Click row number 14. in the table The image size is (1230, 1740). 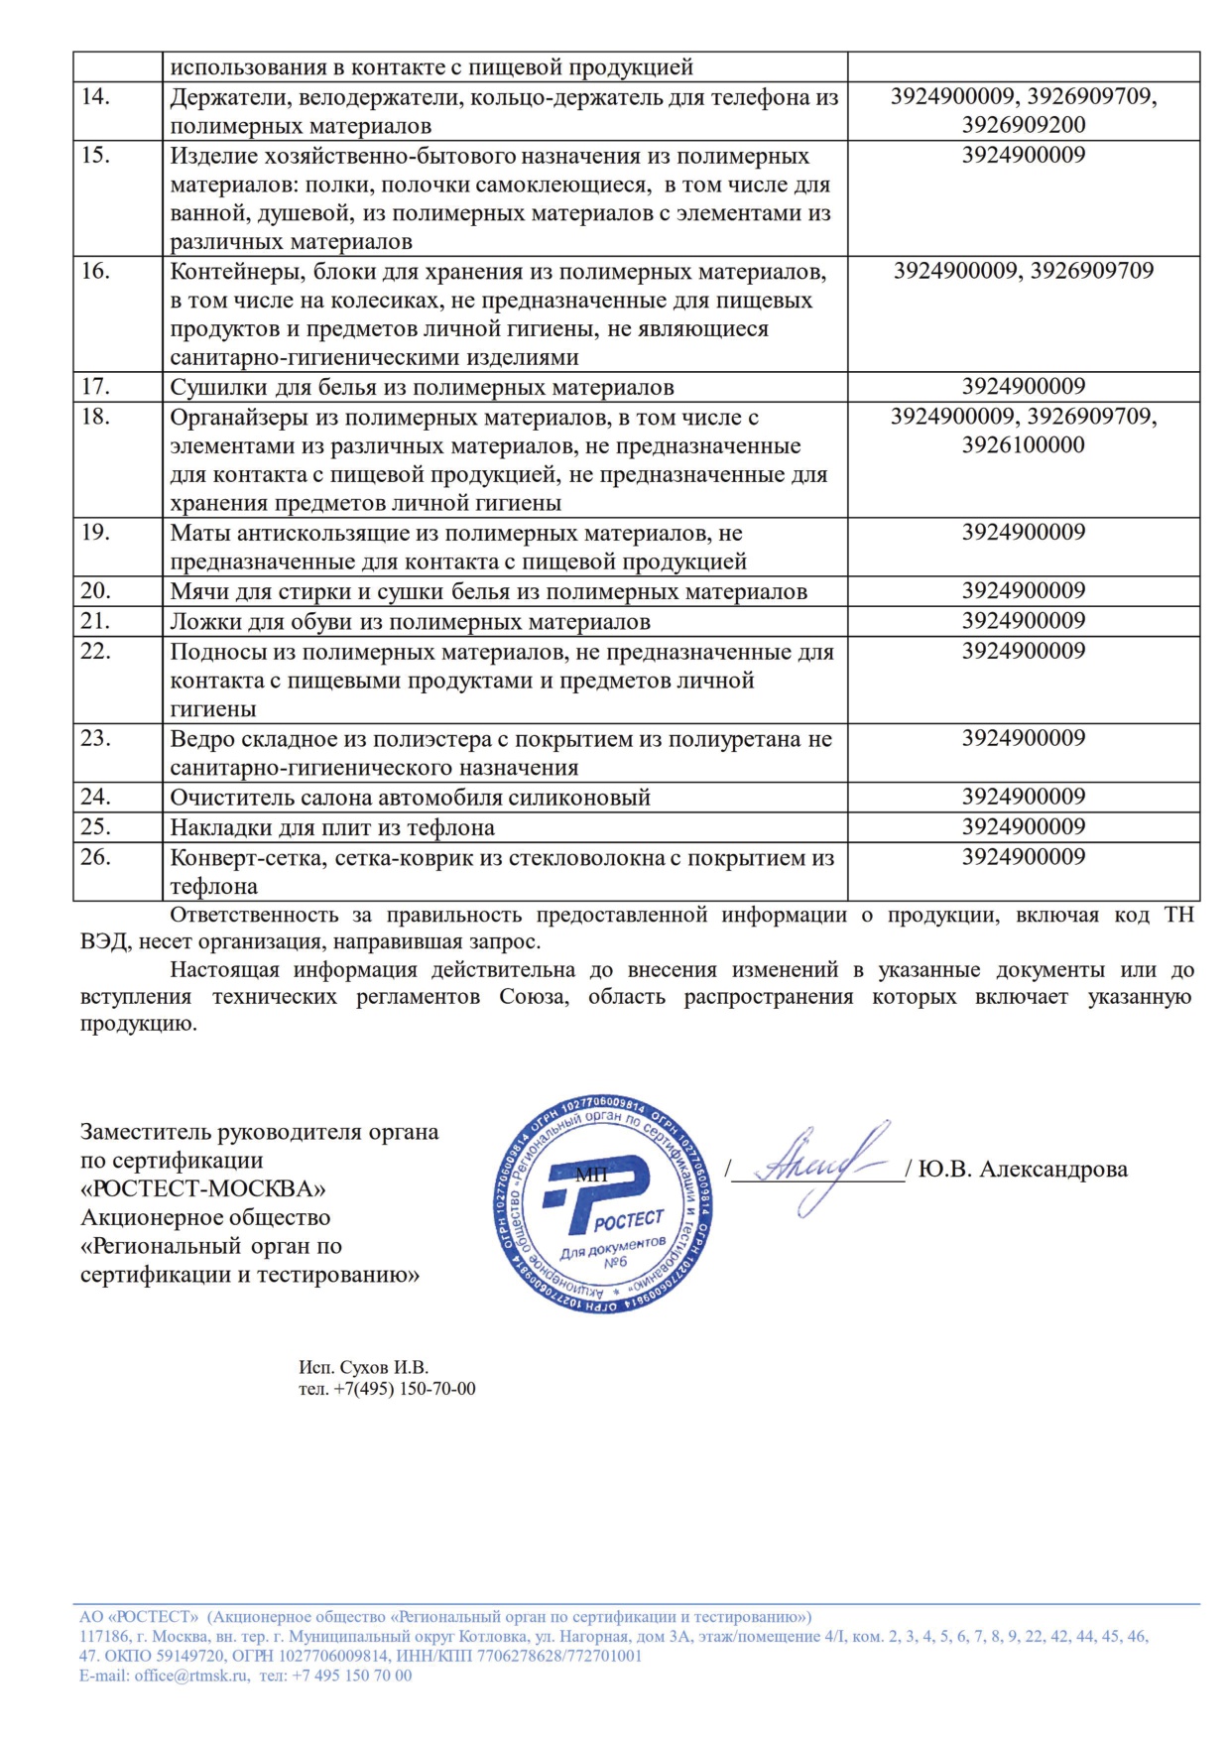95,97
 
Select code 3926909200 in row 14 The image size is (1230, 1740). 1023,125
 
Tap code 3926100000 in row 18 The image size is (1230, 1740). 1023,445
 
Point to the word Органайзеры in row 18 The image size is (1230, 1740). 239,418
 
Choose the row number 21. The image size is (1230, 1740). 95,621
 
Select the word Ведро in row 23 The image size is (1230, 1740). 202,739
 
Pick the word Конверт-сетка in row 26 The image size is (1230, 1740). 247,858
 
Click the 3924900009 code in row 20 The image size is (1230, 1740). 1023,591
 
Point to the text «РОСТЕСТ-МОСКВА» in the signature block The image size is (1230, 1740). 202,1188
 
